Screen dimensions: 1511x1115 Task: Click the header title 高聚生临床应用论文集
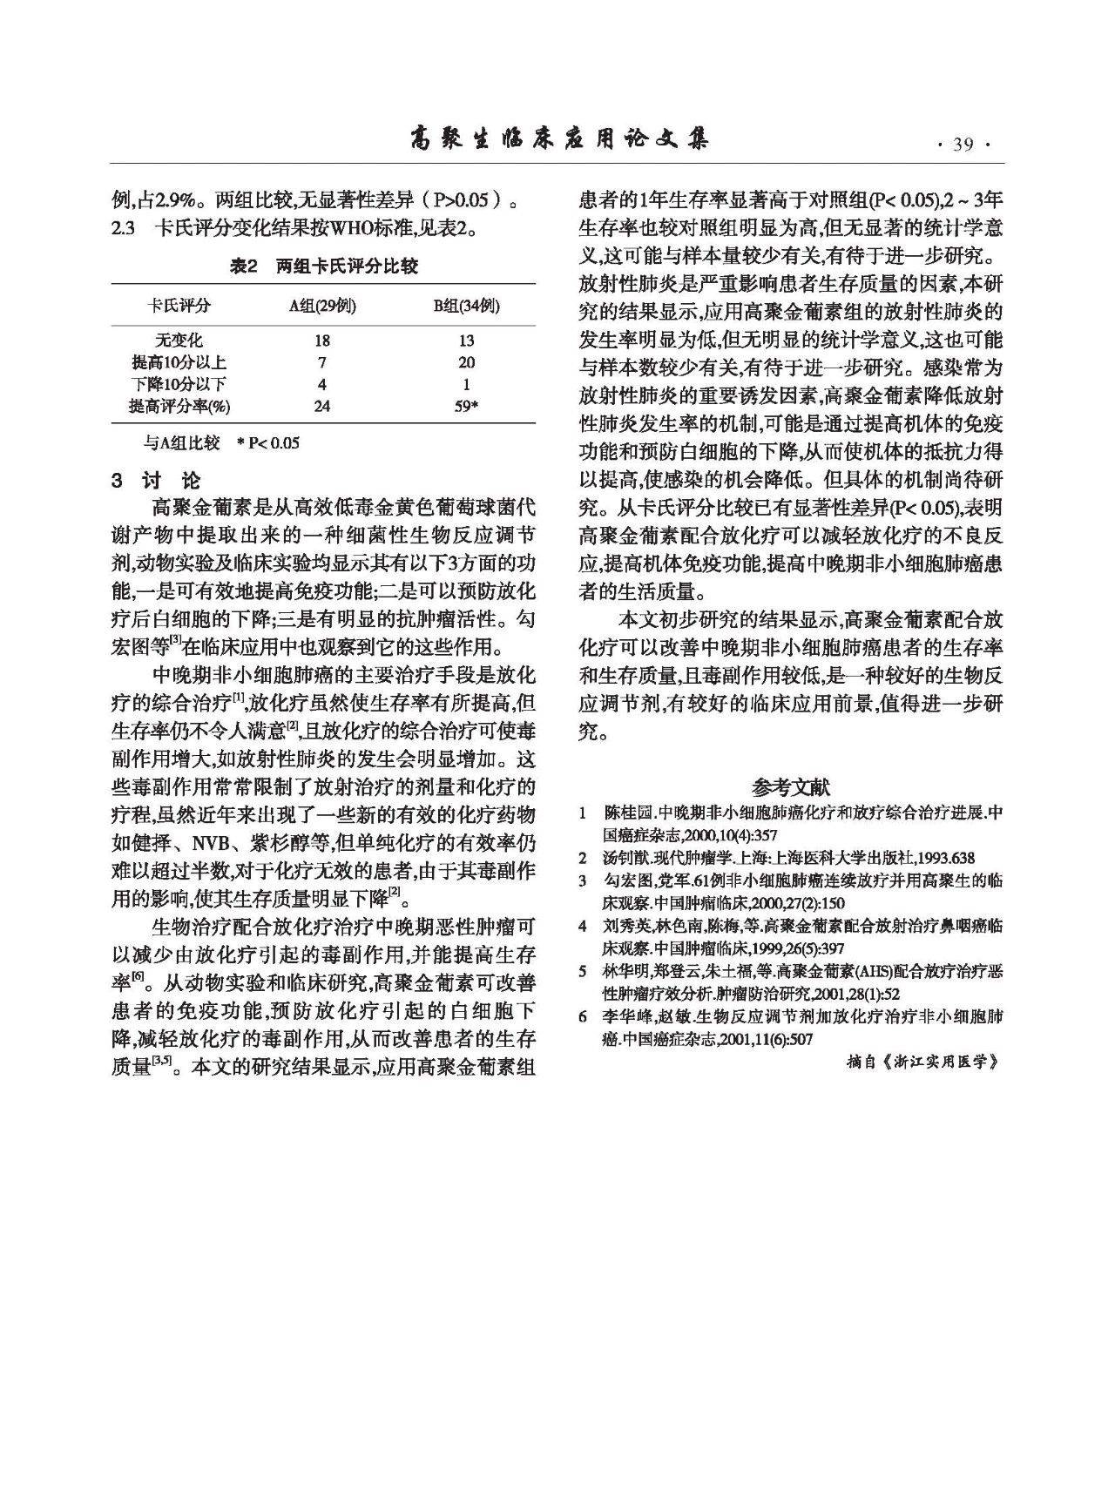pyautogui.click(x=558, y=139)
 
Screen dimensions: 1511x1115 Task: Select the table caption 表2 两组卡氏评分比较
pyautogui.click(x=323, y=266)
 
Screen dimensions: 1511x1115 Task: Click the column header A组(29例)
pyautogui.click(x=322, y=306)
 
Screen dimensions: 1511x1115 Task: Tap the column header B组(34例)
pyautogui.click(x=467, y=306)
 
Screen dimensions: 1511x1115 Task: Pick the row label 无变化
pyautogui.click(x=179, y=341)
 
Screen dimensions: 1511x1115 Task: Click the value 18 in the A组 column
pyautogui.click(x=322, y=341)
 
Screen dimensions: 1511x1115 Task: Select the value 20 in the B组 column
pyautogui.click(x=467, y=362)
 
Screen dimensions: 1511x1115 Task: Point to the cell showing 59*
pyautogui.click(x=467, y=406)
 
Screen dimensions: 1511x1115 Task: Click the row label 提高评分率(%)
pyautogui.click(x=179, y=406)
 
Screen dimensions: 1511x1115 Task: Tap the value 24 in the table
pyautogui.click(x=322, y=406)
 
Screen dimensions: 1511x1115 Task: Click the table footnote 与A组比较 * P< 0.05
pyautogui.click(x=221, y=443)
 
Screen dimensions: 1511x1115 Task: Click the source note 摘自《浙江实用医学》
pyautogui.click(x=922, y=1062)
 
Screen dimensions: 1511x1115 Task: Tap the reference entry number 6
pyautogui.click(x=583, y=1016)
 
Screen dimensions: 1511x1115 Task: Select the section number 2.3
pyautogui.click(x=123, y=228)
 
